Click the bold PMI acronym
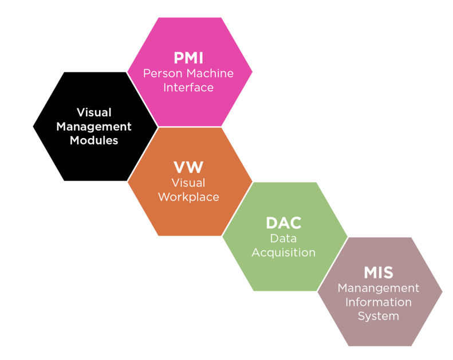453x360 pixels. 188,58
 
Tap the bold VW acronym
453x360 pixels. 188,168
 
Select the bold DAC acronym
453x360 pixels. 283,223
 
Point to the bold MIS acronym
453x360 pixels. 379,273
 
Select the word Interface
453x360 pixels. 188,88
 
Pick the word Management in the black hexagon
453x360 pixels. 94,126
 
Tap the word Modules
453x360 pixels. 94,140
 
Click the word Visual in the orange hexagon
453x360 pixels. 188,182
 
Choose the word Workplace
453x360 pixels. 188,197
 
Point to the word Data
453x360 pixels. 283,237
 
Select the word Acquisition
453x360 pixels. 283,252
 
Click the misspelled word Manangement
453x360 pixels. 379,288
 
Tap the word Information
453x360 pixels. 379,302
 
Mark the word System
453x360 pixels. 379,316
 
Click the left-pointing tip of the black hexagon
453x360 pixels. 34,126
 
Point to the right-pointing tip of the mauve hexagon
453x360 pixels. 442,291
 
